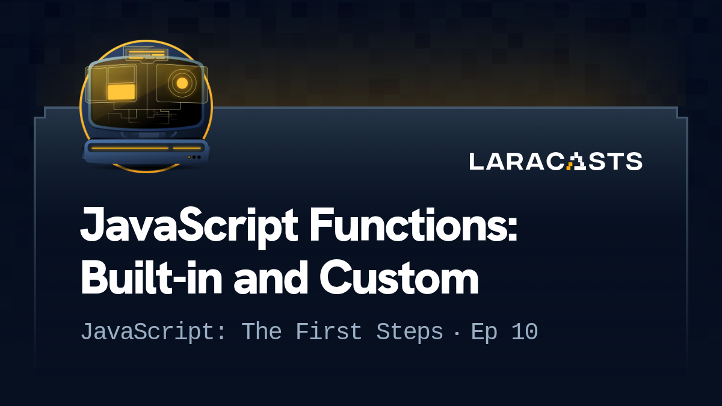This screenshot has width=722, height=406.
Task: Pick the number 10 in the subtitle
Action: tap(524, 332)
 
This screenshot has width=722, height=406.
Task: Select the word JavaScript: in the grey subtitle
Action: tap(154, 332)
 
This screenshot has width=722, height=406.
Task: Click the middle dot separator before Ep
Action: tap(457, 333)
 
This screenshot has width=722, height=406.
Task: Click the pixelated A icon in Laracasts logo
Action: tap(576, 161)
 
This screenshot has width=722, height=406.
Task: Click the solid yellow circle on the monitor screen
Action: tap(182, 83)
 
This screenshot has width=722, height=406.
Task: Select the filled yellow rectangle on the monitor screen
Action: tap(121, 91)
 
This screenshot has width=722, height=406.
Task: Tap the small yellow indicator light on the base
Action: tap(189, 157)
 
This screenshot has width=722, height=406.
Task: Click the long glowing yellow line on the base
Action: tap(129, 148)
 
